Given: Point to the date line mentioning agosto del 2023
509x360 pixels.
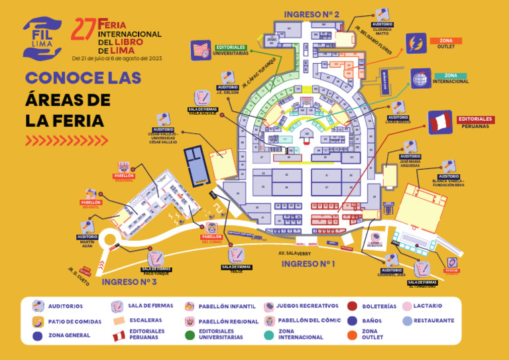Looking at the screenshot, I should point(117,58).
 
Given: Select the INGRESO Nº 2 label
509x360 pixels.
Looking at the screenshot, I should point(311,14).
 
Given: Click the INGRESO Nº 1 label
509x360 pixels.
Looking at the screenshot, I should point(308,264).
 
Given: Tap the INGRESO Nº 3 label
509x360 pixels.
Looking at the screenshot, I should point(129,282).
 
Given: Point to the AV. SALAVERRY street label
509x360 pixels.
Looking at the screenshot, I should point(294,253).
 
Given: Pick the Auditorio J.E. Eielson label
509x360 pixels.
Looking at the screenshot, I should point(228,90).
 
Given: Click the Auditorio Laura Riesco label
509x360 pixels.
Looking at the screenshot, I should point(398,119).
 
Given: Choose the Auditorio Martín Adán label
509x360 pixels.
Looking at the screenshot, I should point(87,240).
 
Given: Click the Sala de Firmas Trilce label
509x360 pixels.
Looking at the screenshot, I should point(237,268).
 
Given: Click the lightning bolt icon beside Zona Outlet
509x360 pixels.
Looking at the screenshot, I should point(416,43).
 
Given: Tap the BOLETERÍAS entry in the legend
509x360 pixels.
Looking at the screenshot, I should point(380,306).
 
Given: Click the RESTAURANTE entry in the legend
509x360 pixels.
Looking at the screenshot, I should point(433,321).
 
